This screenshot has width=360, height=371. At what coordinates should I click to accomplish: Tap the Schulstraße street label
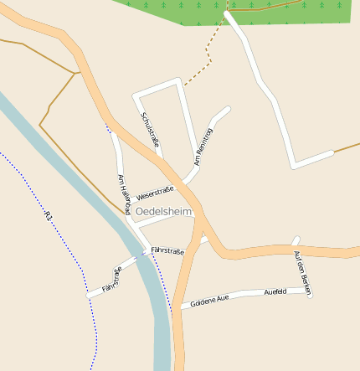(x=151, y=130)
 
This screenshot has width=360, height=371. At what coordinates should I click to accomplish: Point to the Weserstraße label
(x=153, y=193)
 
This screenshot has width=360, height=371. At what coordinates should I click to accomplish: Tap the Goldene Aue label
(x=209, y=301)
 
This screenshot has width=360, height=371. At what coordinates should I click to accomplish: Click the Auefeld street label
(x=275, y=292)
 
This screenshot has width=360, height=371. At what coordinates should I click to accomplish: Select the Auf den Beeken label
(x=303, y=270)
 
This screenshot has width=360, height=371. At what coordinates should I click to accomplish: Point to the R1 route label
(x=49, y=216)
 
